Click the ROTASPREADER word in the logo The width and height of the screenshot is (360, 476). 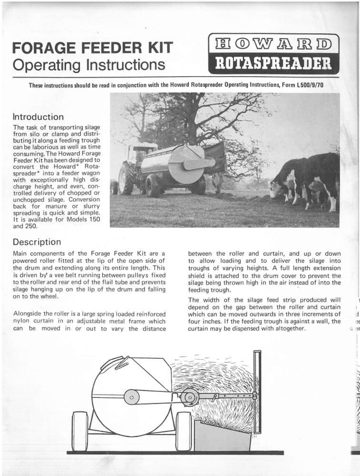(273, 63)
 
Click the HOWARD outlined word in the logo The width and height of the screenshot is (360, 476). (273, 46)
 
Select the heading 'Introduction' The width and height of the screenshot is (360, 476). (38, 117)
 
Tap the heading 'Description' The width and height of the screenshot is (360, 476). (37, 242)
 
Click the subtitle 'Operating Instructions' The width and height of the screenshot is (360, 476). (89, 64)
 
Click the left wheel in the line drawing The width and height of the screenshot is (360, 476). (80, 431)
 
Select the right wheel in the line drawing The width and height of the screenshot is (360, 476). (184, 431)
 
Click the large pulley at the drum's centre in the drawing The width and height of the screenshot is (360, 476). (130, 397)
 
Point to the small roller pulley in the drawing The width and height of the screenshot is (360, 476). (190, 396)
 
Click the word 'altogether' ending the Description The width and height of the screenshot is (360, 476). (289, 328)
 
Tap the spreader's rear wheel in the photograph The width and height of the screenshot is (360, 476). (153, 186)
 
